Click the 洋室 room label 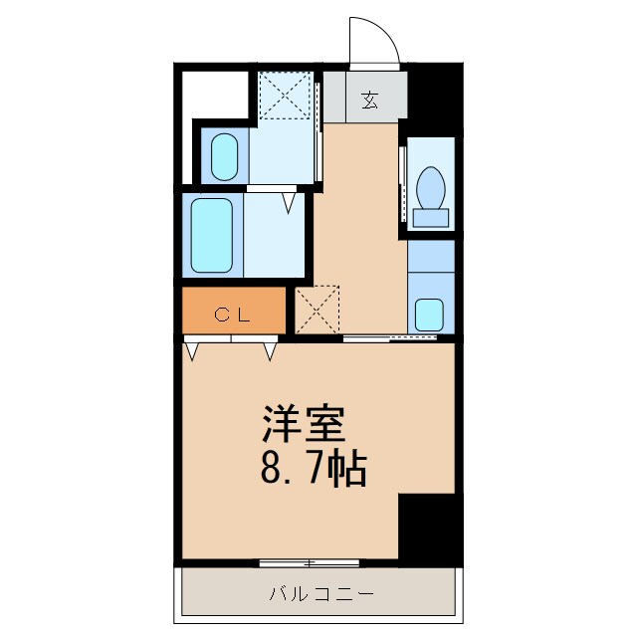pyautogui.click(x=304, y=425)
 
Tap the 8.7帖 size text pyautogui.click(x=314, y=468)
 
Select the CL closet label pyautogui.click(x=233, y=315)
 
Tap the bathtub pyautogui.click(x=210, y=236)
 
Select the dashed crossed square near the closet pyautogui.click(x=318, y=310)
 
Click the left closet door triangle pyautogui.click(x=193, y=350)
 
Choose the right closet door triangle pyautogui.click(x=270, y=350)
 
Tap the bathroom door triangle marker pyautogui.click(x=289, y=203)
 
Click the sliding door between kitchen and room pyautogui.click(x=389, y=339)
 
